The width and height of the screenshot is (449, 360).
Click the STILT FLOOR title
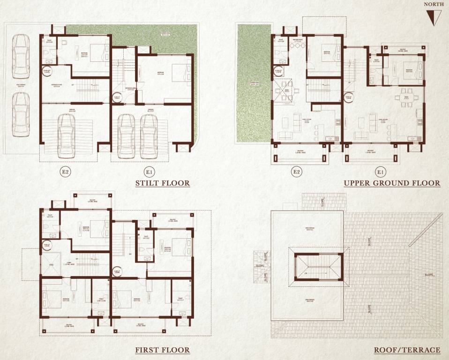pos(162,183)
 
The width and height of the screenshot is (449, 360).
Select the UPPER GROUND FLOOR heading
pos(392,183)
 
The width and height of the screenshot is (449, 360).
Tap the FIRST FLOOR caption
pos(162,350)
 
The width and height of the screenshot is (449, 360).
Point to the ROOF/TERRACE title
pos(407,350)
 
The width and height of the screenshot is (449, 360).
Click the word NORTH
pos(434,5)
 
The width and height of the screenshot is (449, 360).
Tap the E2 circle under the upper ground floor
pos(296,172)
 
